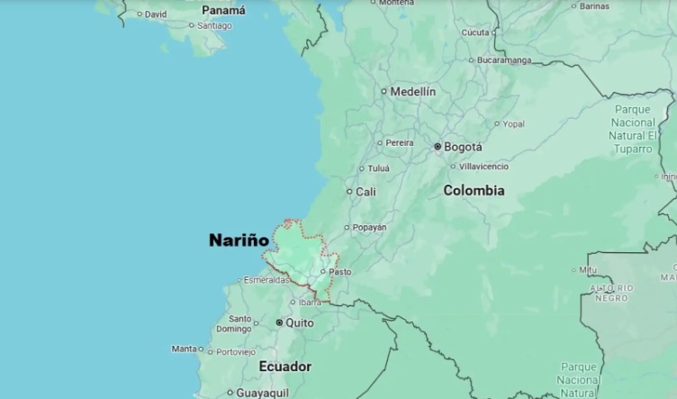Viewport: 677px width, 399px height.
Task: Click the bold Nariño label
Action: (239, 240)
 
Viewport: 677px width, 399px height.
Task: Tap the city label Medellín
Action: (412, 91)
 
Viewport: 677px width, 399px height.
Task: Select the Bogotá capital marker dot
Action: (438, 146)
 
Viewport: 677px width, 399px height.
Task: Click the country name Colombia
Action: (474, 191)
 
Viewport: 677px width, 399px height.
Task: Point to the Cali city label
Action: (366, 192)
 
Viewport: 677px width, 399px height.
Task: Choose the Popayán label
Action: (369, 227)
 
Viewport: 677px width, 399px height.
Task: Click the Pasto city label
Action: (339, 271)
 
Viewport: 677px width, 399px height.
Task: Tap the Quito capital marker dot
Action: (280, 322)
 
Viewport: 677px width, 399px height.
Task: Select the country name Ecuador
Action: (284, 367)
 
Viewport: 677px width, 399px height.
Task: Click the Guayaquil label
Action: (261, 393)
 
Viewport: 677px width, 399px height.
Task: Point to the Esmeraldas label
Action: (266, 280)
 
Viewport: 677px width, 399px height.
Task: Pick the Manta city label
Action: (184, 349)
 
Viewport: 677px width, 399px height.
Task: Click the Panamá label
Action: (223, 11)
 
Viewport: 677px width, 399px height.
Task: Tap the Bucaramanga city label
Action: (504, 60)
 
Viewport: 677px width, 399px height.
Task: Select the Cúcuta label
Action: (475, 32)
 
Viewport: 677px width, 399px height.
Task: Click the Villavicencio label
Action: (483, 167)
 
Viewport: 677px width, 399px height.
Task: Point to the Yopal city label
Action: (513, 123)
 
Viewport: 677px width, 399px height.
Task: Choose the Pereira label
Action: (400, 142)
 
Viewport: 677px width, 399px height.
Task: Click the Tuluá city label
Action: (379, 168)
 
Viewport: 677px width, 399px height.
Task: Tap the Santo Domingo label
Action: (239, 323)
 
